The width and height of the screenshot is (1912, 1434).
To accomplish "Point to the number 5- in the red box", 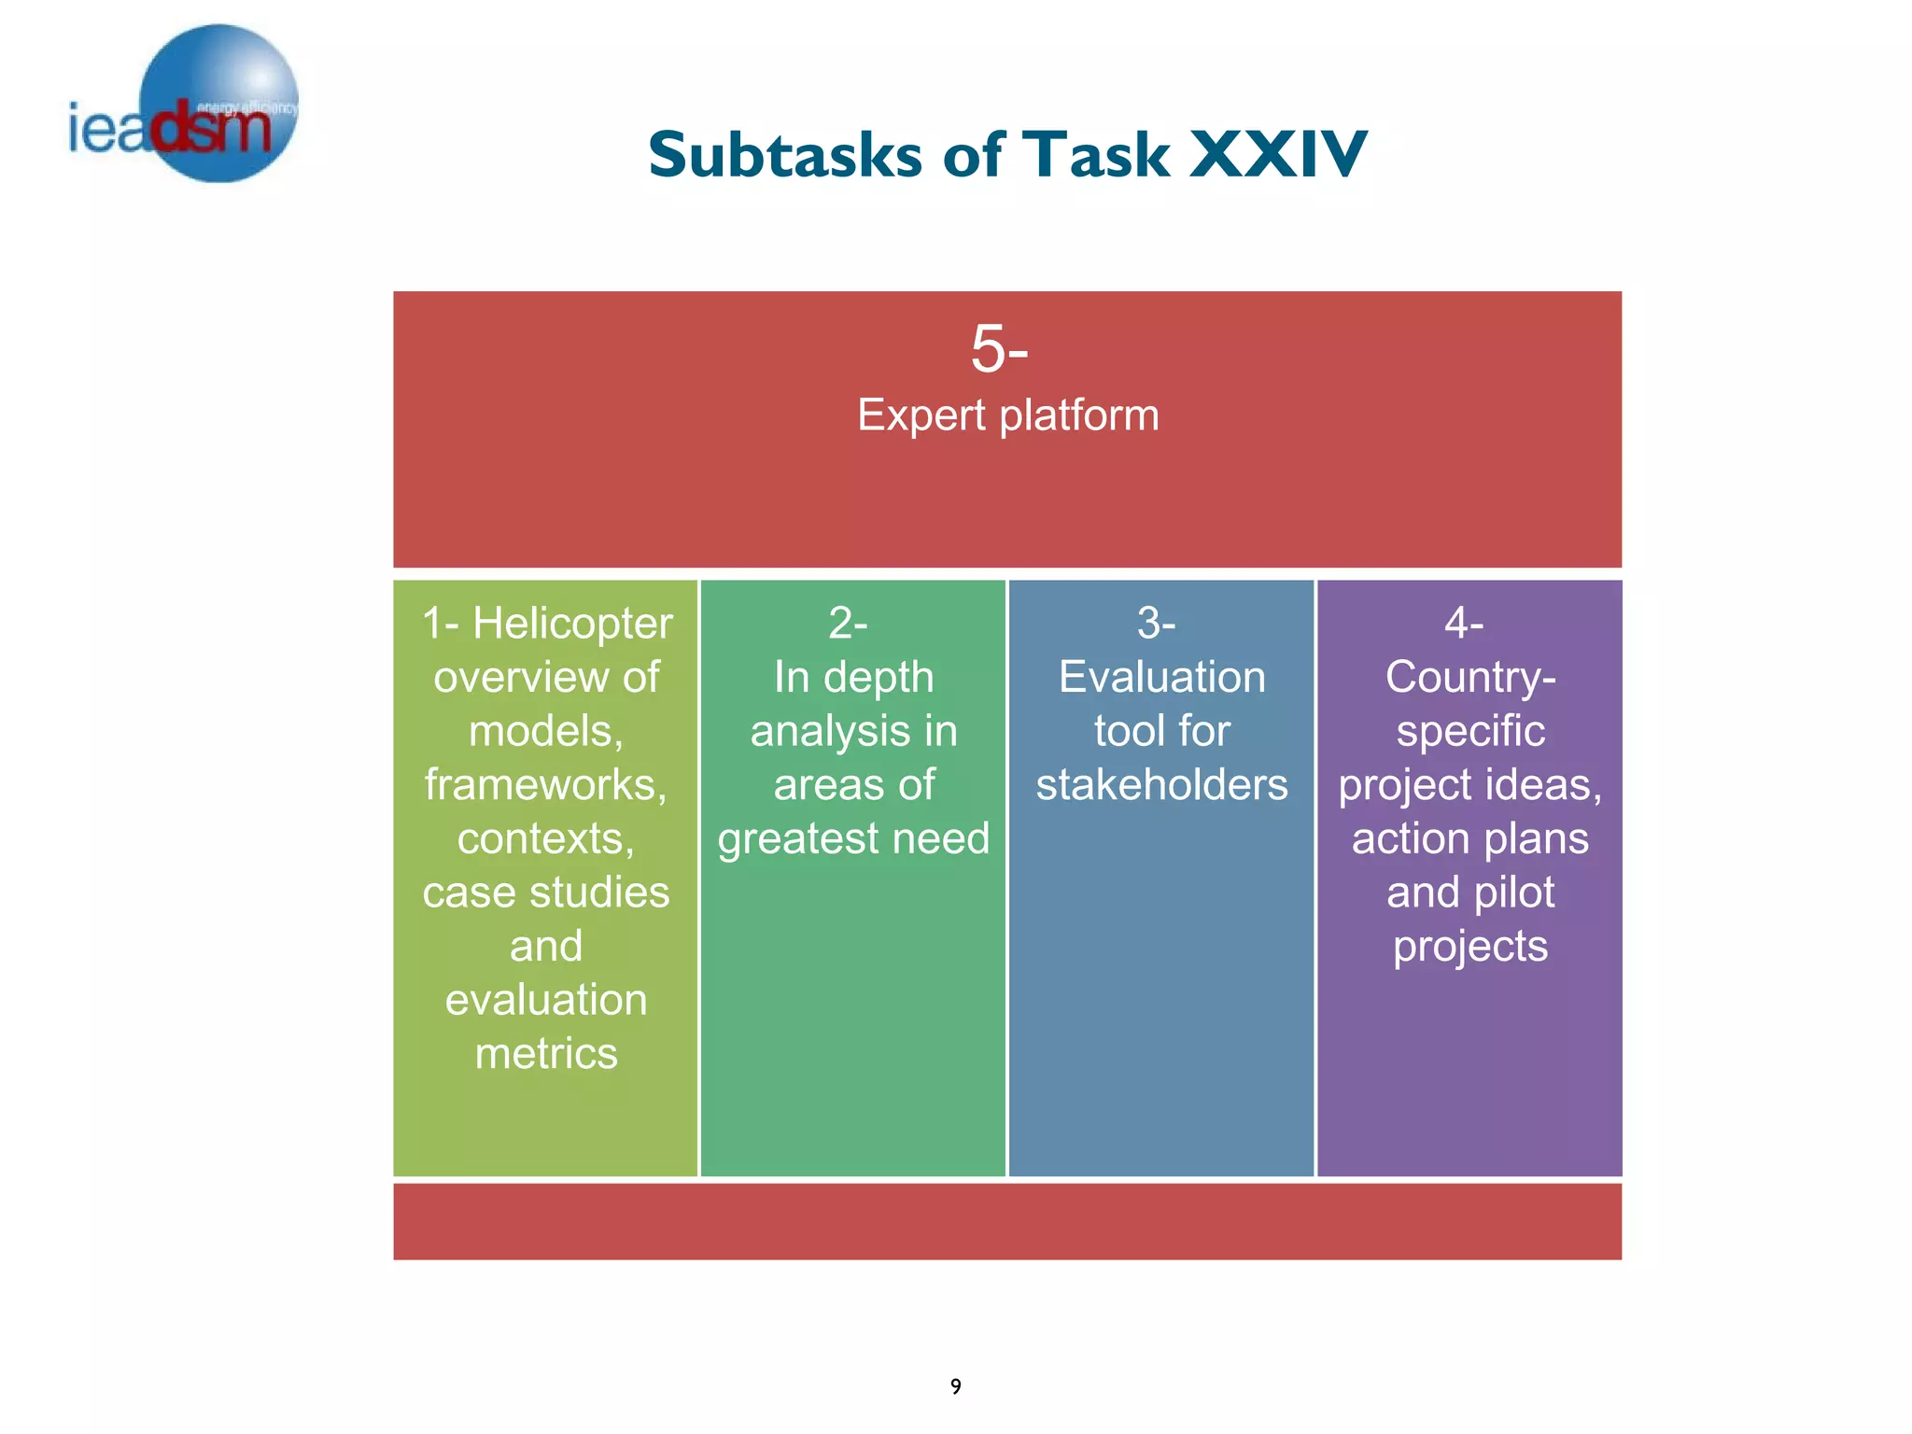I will point(999,349).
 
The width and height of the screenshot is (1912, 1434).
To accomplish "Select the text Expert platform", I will point(1007,415).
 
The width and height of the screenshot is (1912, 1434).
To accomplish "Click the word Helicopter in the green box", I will point(572,624).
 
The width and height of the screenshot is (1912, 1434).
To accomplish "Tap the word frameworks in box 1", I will point(545,785).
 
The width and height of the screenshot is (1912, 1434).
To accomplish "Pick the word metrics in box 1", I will point(546,1054).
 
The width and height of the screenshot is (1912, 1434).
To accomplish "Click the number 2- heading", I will point(848,623).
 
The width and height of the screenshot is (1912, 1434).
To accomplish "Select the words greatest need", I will point(853,838).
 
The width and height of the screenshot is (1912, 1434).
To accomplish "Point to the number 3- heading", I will point(1156,623).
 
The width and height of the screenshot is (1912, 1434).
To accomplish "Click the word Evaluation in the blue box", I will point(1161,677).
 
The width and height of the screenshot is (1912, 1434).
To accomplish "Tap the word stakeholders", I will point(1161,785).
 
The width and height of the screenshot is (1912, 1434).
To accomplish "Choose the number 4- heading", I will point(1464,623).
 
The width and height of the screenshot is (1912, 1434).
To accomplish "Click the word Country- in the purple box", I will point(1470,677).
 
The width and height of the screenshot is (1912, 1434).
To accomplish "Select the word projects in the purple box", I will point(1470,947).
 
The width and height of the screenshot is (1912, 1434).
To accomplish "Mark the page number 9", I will point(955,1386).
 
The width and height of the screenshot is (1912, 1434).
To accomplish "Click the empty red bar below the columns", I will point(1007,1222).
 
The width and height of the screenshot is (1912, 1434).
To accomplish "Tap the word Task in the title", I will point(1096,155).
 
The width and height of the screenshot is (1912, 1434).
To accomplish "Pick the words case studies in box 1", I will point(546,893).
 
